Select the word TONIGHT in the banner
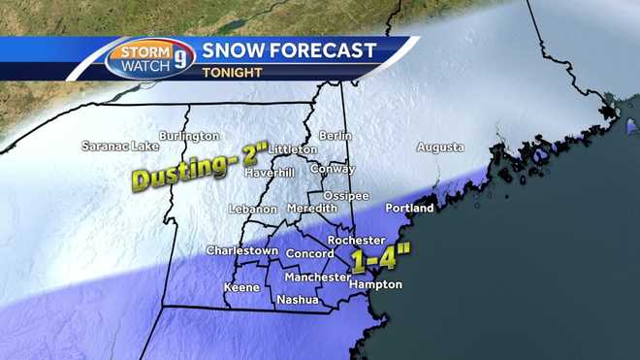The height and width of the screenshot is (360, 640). [234, 71]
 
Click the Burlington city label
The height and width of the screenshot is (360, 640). [189, 137]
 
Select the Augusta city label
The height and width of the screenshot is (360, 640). [439, 147]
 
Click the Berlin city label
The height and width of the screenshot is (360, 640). [336, 137]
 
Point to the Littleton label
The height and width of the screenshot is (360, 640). [292, 150]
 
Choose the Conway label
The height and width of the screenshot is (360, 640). [332, 169]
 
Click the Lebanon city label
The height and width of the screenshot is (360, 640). [253, 210]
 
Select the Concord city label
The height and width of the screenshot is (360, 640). [309, 254]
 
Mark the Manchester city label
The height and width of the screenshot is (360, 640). [317, 278]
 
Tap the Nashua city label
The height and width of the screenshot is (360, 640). [298, 300]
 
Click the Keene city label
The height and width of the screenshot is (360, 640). [241, 288]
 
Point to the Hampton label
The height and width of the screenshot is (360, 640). [375, 285]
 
